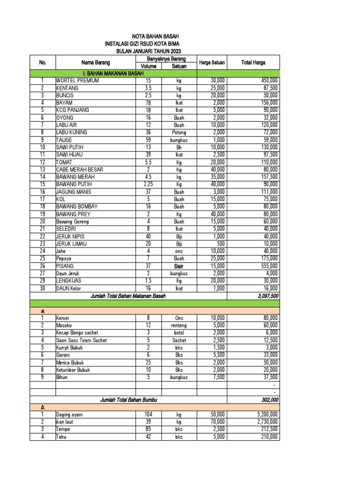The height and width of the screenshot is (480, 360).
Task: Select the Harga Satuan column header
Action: [x=212, y=62]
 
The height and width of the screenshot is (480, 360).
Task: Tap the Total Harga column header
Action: [x=253, y=62]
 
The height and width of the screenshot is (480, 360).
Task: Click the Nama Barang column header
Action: [x=96, y=62]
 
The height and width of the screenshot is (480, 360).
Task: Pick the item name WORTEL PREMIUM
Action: [x=78, y=81]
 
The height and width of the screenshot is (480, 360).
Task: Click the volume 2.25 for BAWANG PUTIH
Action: [x=148, y=185]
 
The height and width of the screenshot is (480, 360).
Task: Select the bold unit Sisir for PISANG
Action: [x=179, y=266]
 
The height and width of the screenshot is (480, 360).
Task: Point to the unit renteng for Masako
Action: [x=179, y=325]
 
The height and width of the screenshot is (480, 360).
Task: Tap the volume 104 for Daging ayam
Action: [x=148, y=415]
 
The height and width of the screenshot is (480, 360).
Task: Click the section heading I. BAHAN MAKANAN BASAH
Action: [x=113, y=74]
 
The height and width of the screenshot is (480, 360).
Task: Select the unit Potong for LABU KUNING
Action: [x=179, y=133]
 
